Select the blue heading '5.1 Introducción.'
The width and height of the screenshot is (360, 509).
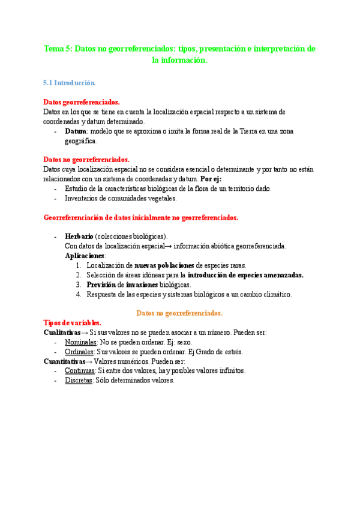pyautogui.click(x=70, y=82)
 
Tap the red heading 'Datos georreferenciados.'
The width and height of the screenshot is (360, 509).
pyautogui.click(x=82, y=103)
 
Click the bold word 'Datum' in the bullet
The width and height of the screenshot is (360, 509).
pyautogui.click(x=76, y=131)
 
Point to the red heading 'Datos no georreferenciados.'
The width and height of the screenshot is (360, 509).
pyautogui.click(x=86, y=160)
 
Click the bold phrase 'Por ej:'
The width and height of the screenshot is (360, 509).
pyautogui.click(x=211, y=179)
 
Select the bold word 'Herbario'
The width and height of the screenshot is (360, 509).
pyautogui.click(x=79, y=236)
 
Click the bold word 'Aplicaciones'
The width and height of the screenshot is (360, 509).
pyautogui.click(x=85, y=256)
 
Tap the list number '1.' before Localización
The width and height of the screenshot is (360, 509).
pyautogui.click(x=79, y=265)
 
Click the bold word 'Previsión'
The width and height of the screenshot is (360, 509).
pyautogui.click(x=101, y=285)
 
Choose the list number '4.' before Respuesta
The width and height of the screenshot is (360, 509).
pyautogui.click(x=79, y=294)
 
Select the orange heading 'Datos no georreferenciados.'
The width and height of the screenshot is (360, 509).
pyautogui.click(x=179, y=313)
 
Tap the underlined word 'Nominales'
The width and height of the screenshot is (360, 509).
pyautogui.click(x=81, y=342)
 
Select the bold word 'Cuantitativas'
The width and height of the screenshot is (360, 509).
pyautogui.click(x=64, y=361)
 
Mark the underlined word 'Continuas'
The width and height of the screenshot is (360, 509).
pyautogui.click(x=80, y=371)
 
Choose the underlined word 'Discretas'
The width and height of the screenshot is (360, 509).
pyautogui.click(x=79, y=381)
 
